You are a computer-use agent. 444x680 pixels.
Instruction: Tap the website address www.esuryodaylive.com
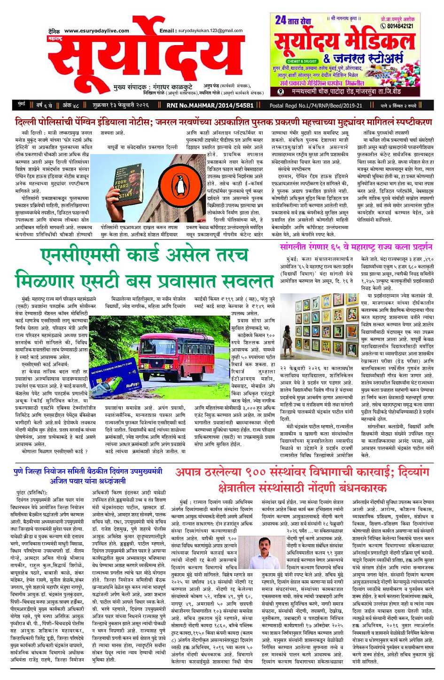click(96, 31)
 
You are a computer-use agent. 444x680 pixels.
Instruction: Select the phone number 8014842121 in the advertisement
click(400, 26)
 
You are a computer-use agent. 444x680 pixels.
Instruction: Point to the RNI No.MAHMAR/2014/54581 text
click(210, 106)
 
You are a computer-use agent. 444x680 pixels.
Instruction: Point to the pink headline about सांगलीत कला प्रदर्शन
click(356, 247)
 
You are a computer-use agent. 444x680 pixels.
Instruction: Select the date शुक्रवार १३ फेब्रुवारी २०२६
click(120, 106)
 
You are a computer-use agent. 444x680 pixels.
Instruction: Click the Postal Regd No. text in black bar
click(316, 106)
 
